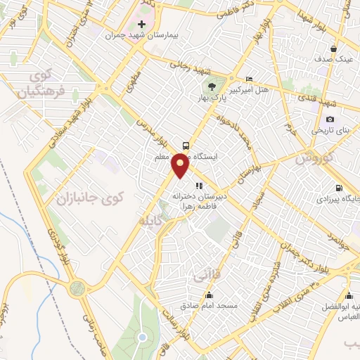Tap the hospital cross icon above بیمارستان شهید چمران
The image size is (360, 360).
[x=141, y=25]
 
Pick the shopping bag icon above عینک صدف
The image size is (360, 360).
[x=333, y=49]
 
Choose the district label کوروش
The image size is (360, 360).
[x=314, y=157]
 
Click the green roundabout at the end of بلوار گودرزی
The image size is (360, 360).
[x=77, y=287]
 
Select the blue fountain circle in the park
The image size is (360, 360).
[x=142, y=337]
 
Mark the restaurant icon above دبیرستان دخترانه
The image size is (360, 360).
[x=200, y=186]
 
